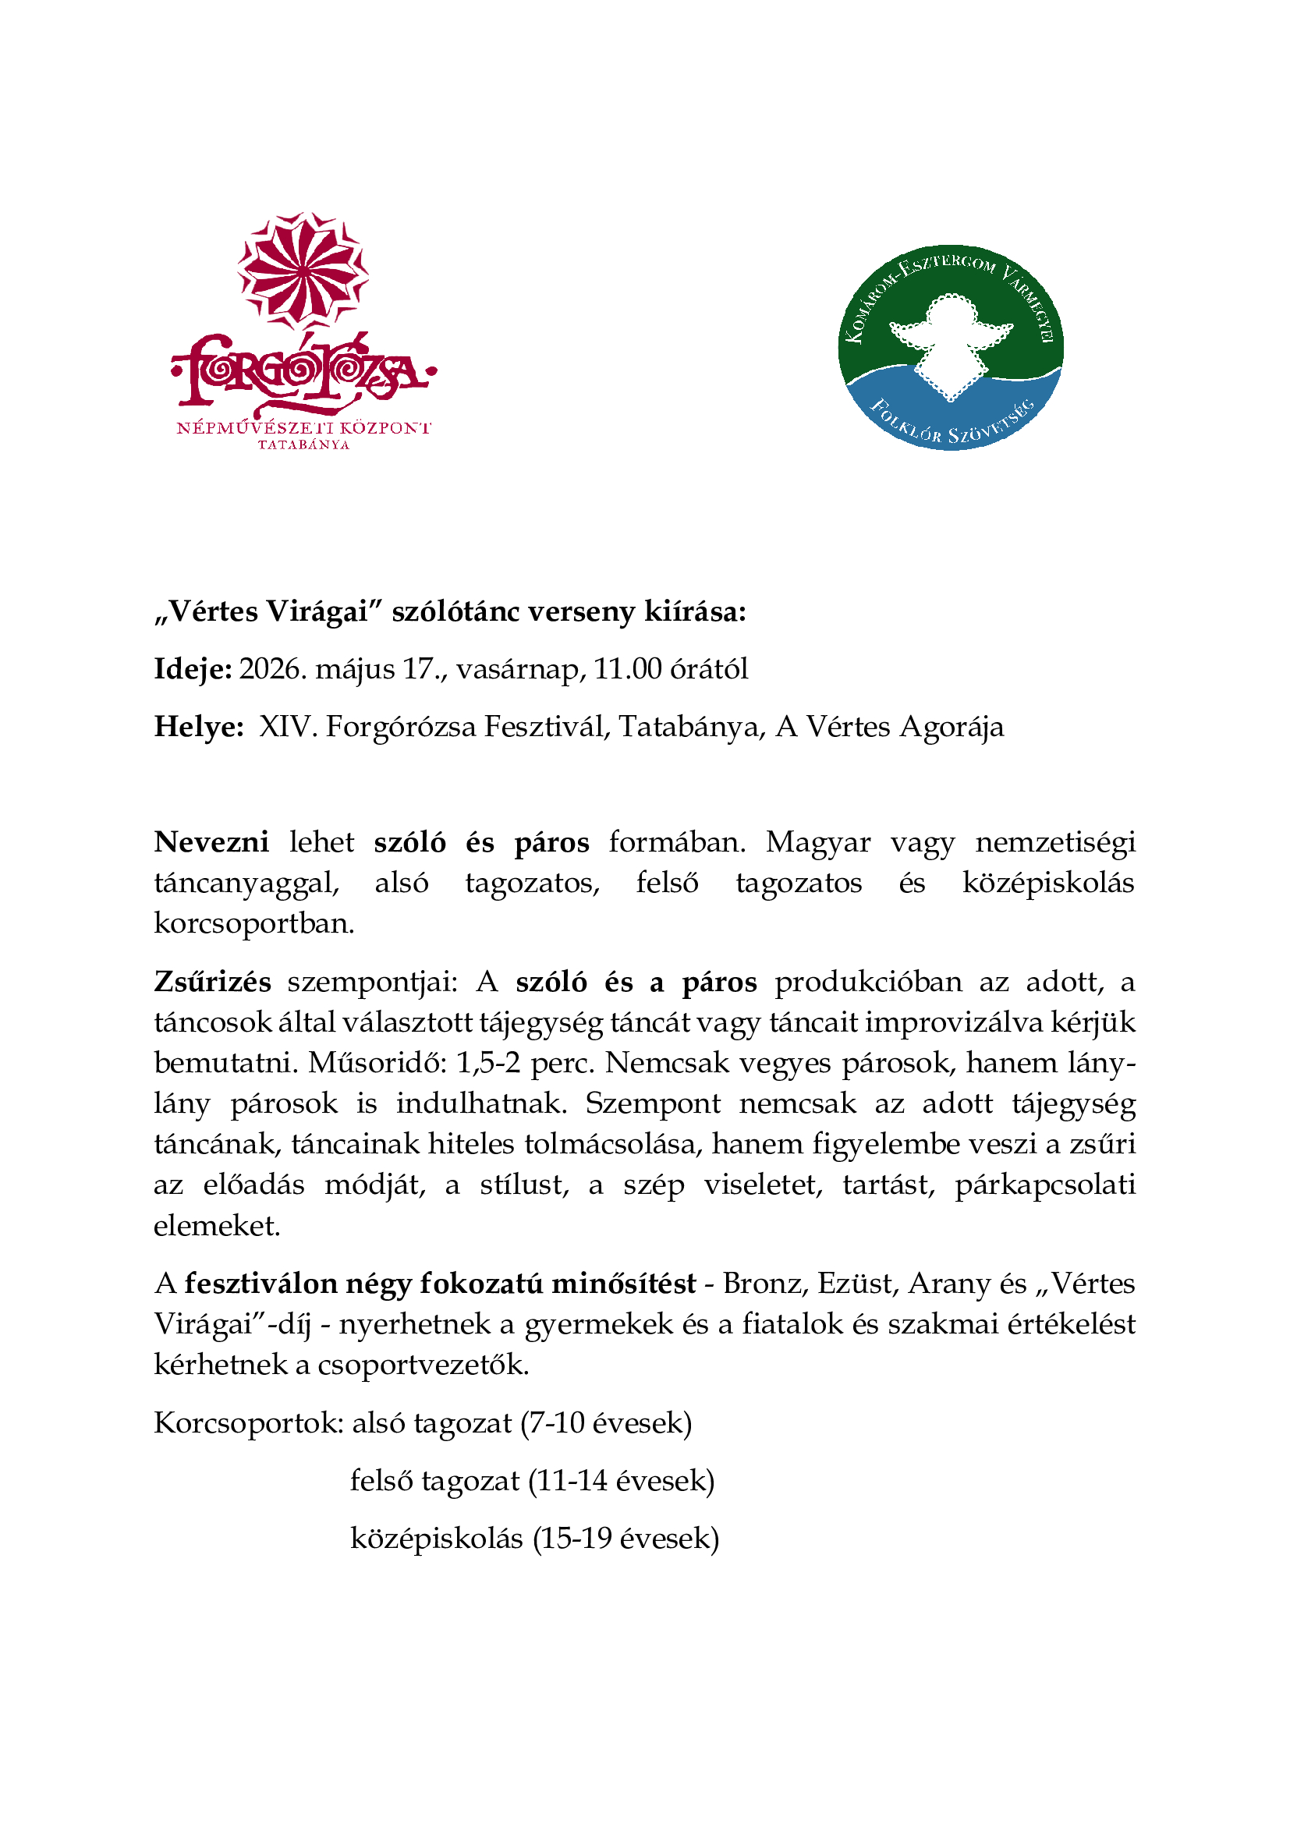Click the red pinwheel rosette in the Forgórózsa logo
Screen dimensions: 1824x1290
tap(303, 270)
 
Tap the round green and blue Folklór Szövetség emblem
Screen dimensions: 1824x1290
tap(950, 347)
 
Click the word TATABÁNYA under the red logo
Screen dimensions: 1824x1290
tap(303, 444)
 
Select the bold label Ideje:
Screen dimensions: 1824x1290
tap(193, 670)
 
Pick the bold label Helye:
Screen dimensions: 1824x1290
tap(199, 727)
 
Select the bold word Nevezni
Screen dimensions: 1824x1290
tap(211, 842)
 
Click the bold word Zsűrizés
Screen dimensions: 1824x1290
tap(212, 982)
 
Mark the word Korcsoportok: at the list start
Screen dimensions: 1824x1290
tap(249, 1423)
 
